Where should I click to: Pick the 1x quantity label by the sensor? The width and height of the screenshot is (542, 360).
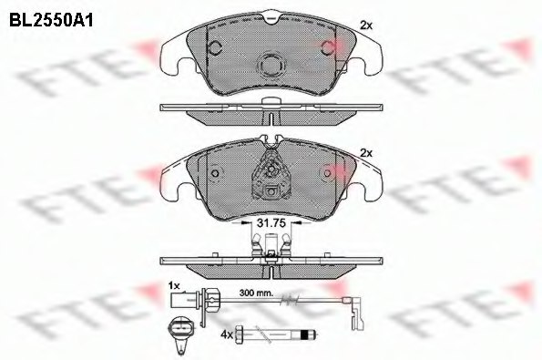click(x=176, y=285)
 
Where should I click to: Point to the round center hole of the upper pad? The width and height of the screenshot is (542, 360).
click(x=272, y=66)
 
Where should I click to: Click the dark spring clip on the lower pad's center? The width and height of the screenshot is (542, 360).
click(x=271, y=173)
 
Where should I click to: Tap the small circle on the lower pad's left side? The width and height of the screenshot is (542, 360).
click(x=213, y=174)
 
